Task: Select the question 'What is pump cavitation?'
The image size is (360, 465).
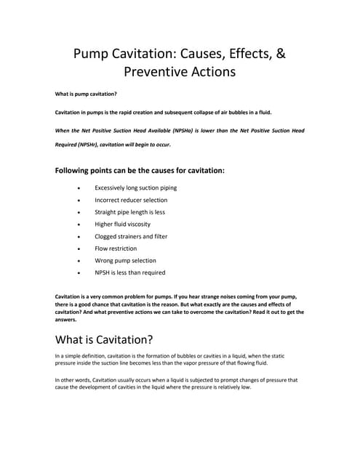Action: click(x=87, y=94)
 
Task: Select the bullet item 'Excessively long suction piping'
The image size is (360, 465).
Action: click(x=135, y=187)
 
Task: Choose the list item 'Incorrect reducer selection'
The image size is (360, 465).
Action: click(x=131, y=200)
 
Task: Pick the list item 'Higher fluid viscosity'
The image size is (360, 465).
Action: click(x=122, y=225)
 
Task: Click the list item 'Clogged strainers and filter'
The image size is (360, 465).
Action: click(x=131, y=236)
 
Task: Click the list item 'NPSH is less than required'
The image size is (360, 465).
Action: click(x=129, y=272)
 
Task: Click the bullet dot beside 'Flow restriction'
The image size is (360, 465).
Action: click(x=79, y=248)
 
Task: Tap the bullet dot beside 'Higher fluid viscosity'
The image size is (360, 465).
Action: click(x=79, y=225)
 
